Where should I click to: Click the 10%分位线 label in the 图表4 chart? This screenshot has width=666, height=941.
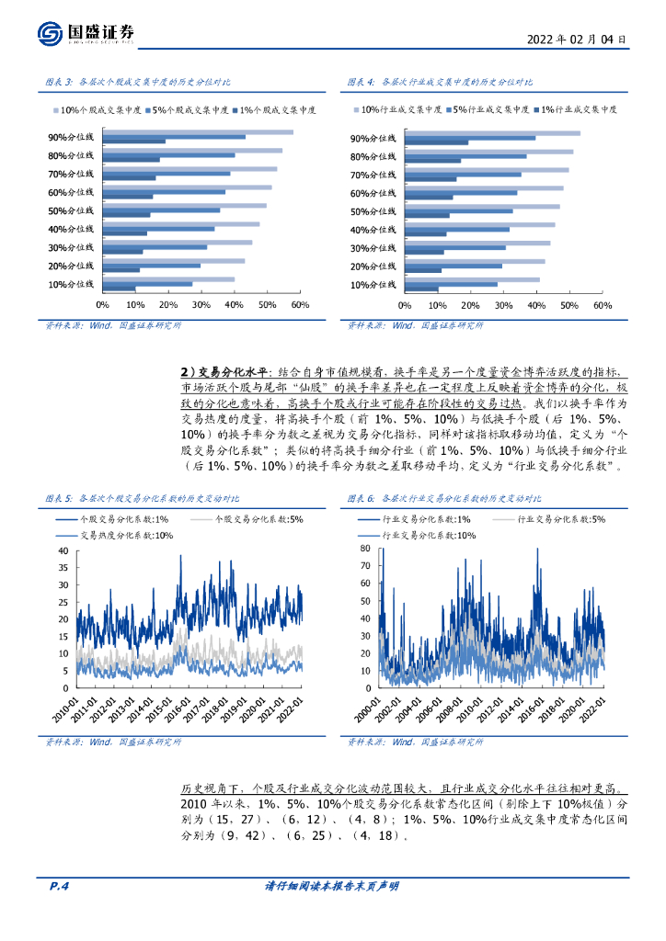point(373,286)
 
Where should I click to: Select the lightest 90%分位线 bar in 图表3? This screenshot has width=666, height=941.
point(197,131)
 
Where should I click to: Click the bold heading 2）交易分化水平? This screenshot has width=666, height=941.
point(223,370)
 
